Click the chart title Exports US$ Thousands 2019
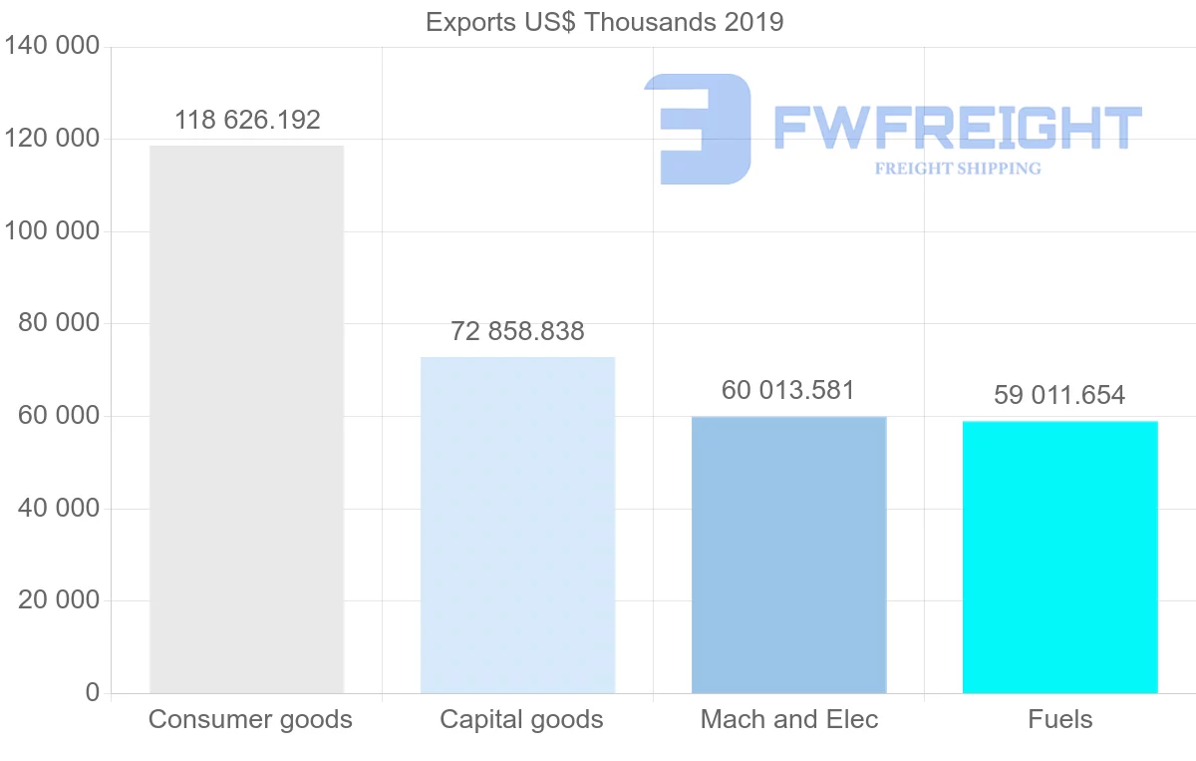coord(604,22)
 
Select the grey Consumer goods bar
coord(246,419)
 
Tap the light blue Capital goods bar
coord(517,525)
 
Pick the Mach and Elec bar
coord(788,555)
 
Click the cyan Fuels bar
coord(1059,557)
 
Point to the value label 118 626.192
coord(247,121)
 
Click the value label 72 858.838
coord(517,332)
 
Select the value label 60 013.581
coord(788,391)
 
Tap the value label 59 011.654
coord(1059,396)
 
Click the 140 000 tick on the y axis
coord(52,47)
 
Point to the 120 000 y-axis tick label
coord(52,139)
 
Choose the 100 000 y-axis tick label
coord(52,231)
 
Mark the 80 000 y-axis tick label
coord(59,323)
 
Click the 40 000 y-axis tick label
coord(59,509)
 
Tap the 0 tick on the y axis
coord(93,692)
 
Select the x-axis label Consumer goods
coord(250,719)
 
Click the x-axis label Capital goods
coord(521,719)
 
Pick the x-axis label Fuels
coord(1060,719)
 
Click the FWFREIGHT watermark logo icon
coord(699,129)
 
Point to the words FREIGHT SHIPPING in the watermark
coord(958,169)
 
